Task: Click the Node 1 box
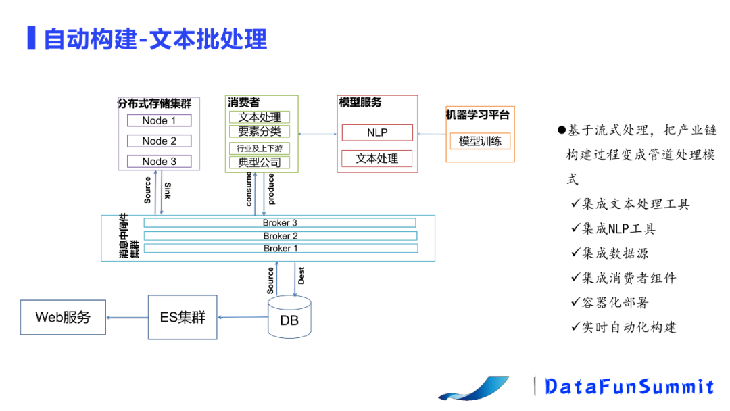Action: [x=159, y=121]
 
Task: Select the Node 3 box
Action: [x=159, y=162]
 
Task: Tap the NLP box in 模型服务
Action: [x=376, y=132]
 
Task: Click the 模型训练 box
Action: [x=480, y=141]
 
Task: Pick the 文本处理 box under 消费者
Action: [x=260, y=118]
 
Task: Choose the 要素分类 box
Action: [x=260, y=132]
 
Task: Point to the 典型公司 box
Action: [x=260, y=162]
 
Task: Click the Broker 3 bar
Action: [x=280, y=223]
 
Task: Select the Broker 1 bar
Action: [x=280, y=249]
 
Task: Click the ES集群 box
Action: [x=182, y=317]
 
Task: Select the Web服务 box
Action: [x=63, y=317]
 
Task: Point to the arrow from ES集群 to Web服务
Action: [x=127, y=317]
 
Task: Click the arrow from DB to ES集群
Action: [x=242, y=317]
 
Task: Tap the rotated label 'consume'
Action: [x=249, y=189]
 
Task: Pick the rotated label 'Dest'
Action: [x=301, y=275]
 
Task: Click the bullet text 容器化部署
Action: [x=614, y=302]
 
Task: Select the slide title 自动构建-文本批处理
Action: [x=155, y=39]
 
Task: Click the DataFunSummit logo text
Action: [x=629, y=386]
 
